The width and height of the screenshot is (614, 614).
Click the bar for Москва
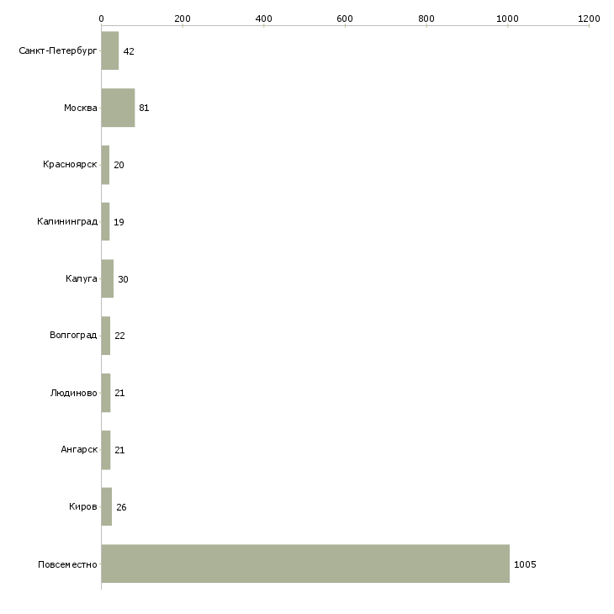pos(118,108)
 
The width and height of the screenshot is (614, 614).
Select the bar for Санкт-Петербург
pos(110,50)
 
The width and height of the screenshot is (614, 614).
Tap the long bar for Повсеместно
pos(305,564)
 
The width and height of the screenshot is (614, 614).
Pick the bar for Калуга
pos(108,278)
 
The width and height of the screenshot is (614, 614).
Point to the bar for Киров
pos(107,506)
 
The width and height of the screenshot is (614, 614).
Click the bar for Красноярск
pos(105,165)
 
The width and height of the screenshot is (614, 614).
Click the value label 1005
pos(525,564)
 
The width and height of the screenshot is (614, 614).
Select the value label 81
pos(144,108)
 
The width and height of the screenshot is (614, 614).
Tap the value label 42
pos(129,51)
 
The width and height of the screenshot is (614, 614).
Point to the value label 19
pos(119,222)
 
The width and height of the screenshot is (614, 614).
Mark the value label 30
pos(123,279)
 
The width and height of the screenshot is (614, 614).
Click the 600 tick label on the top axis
pos(345,19)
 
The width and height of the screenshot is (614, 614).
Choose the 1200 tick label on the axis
pos(589,19)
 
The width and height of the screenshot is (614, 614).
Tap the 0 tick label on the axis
pos(102,19)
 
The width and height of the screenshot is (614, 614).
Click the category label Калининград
pos(67,222)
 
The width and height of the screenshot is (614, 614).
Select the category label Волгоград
pos(73,336)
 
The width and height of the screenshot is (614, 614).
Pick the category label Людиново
pos(74,393)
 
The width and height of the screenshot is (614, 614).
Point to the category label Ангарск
pos(79,449)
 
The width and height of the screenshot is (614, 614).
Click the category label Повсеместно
pos(67,564)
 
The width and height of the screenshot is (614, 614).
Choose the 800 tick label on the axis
pos(426,19)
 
